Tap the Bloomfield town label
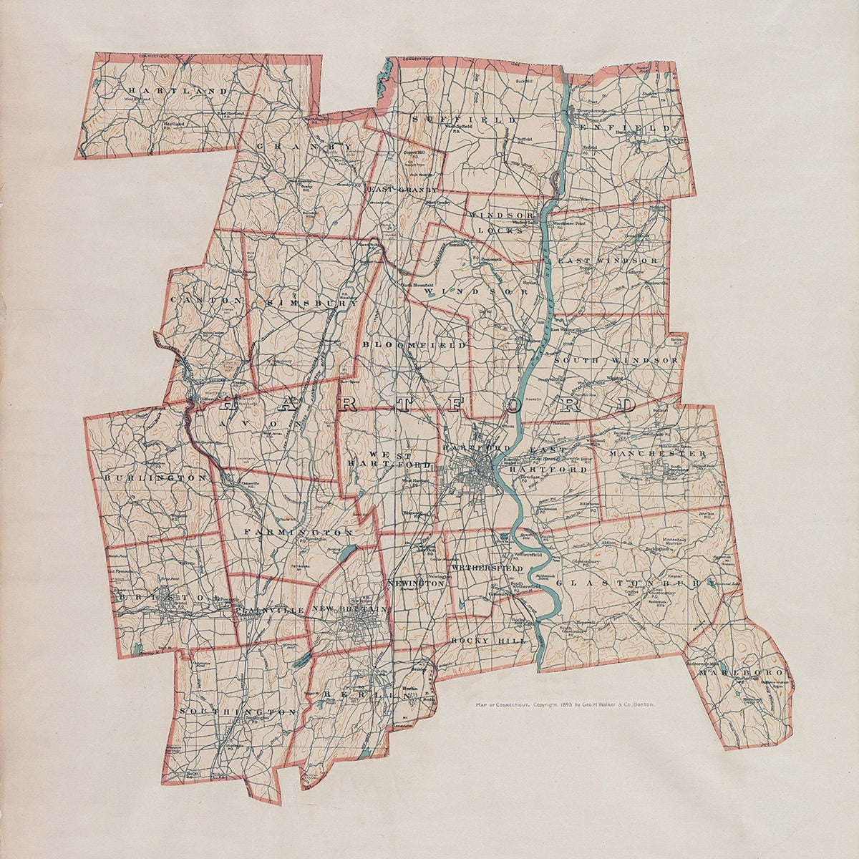[414, 345]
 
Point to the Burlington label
[155, 477]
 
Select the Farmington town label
[298, 533]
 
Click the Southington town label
[238, 712]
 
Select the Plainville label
[269, 608]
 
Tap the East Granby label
[402, 190]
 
